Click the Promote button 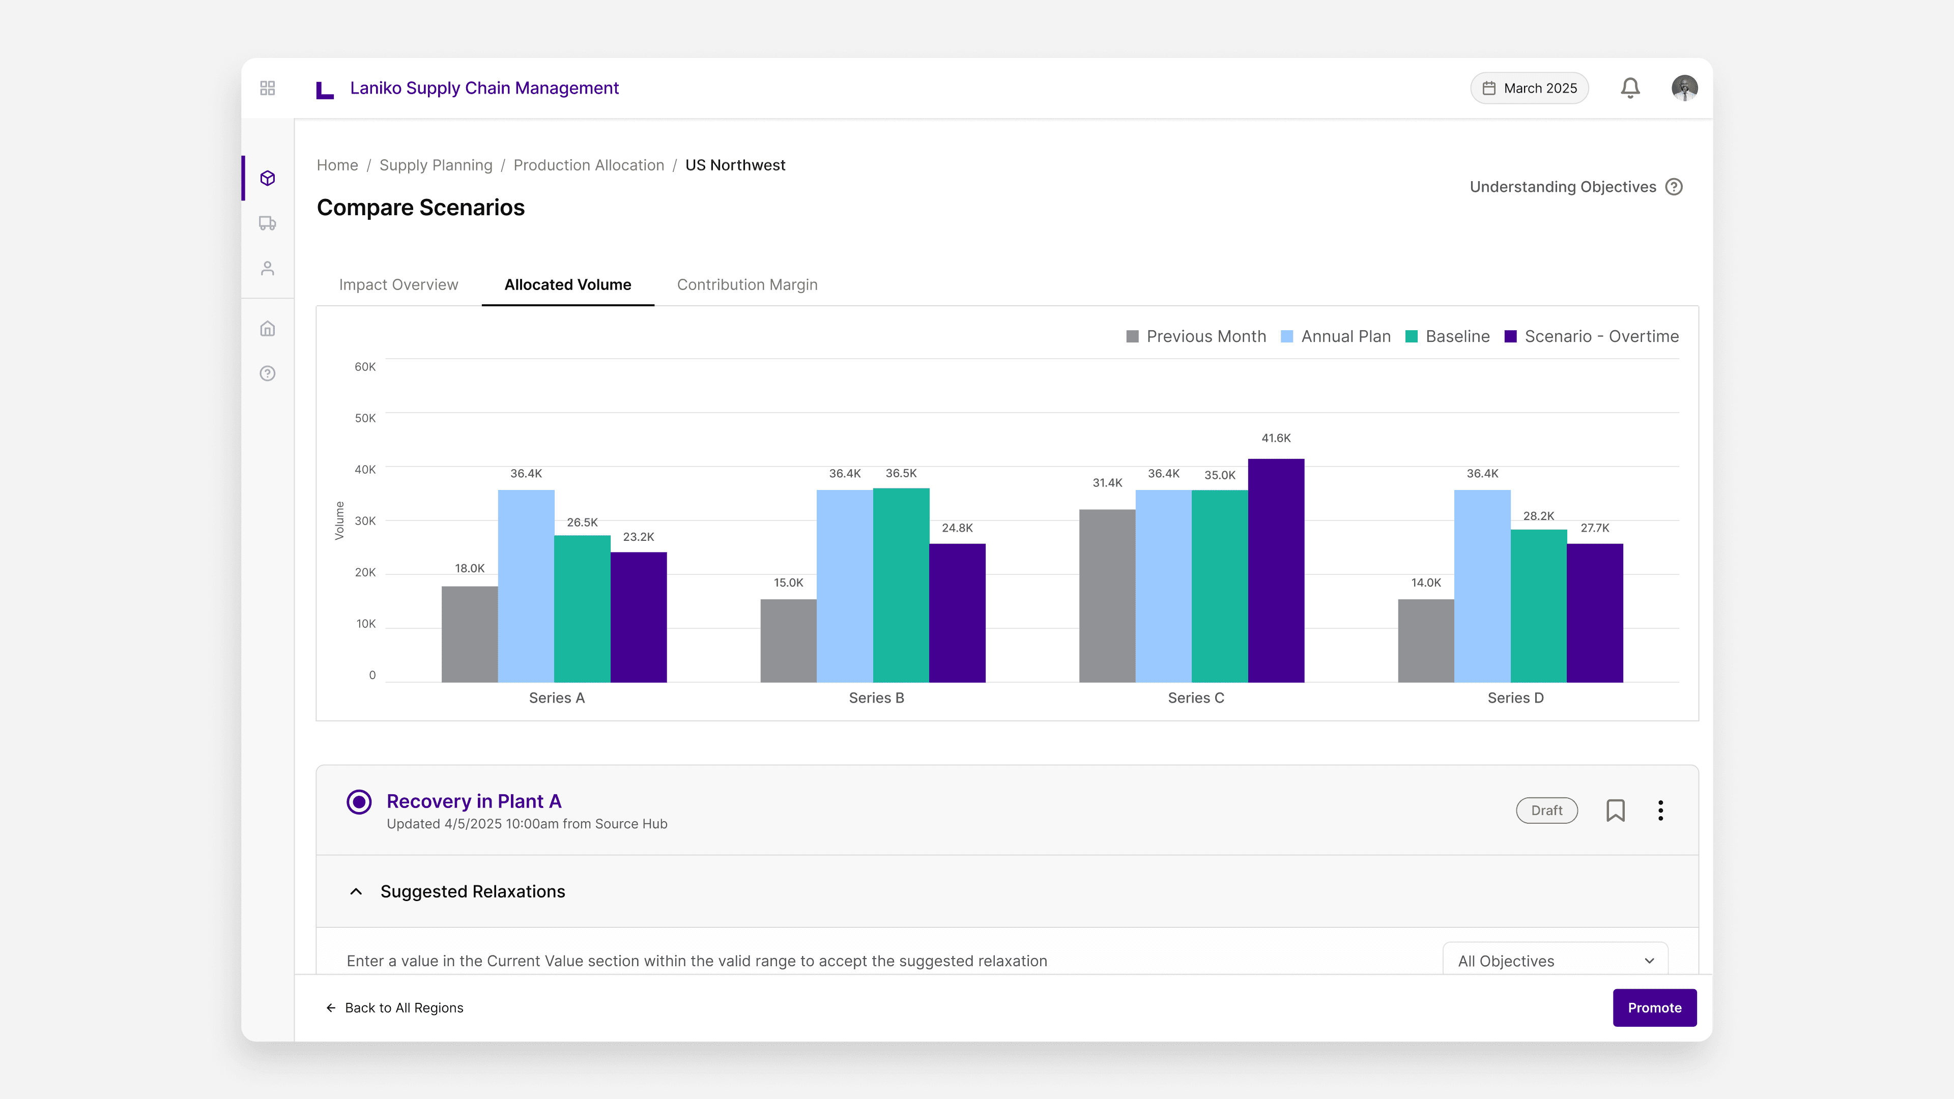point(1654,1007)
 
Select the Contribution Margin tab point(746,284)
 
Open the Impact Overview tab point(398,284)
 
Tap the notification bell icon point(1630,88)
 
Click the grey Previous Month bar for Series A point(470,633)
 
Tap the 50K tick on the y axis point(365,418)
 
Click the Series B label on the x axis point(876,698)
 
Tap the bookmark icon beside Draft point(1615,810)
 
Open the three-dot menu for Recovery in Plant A point(1660,810)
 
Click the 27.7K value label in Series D point(1594,528)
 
